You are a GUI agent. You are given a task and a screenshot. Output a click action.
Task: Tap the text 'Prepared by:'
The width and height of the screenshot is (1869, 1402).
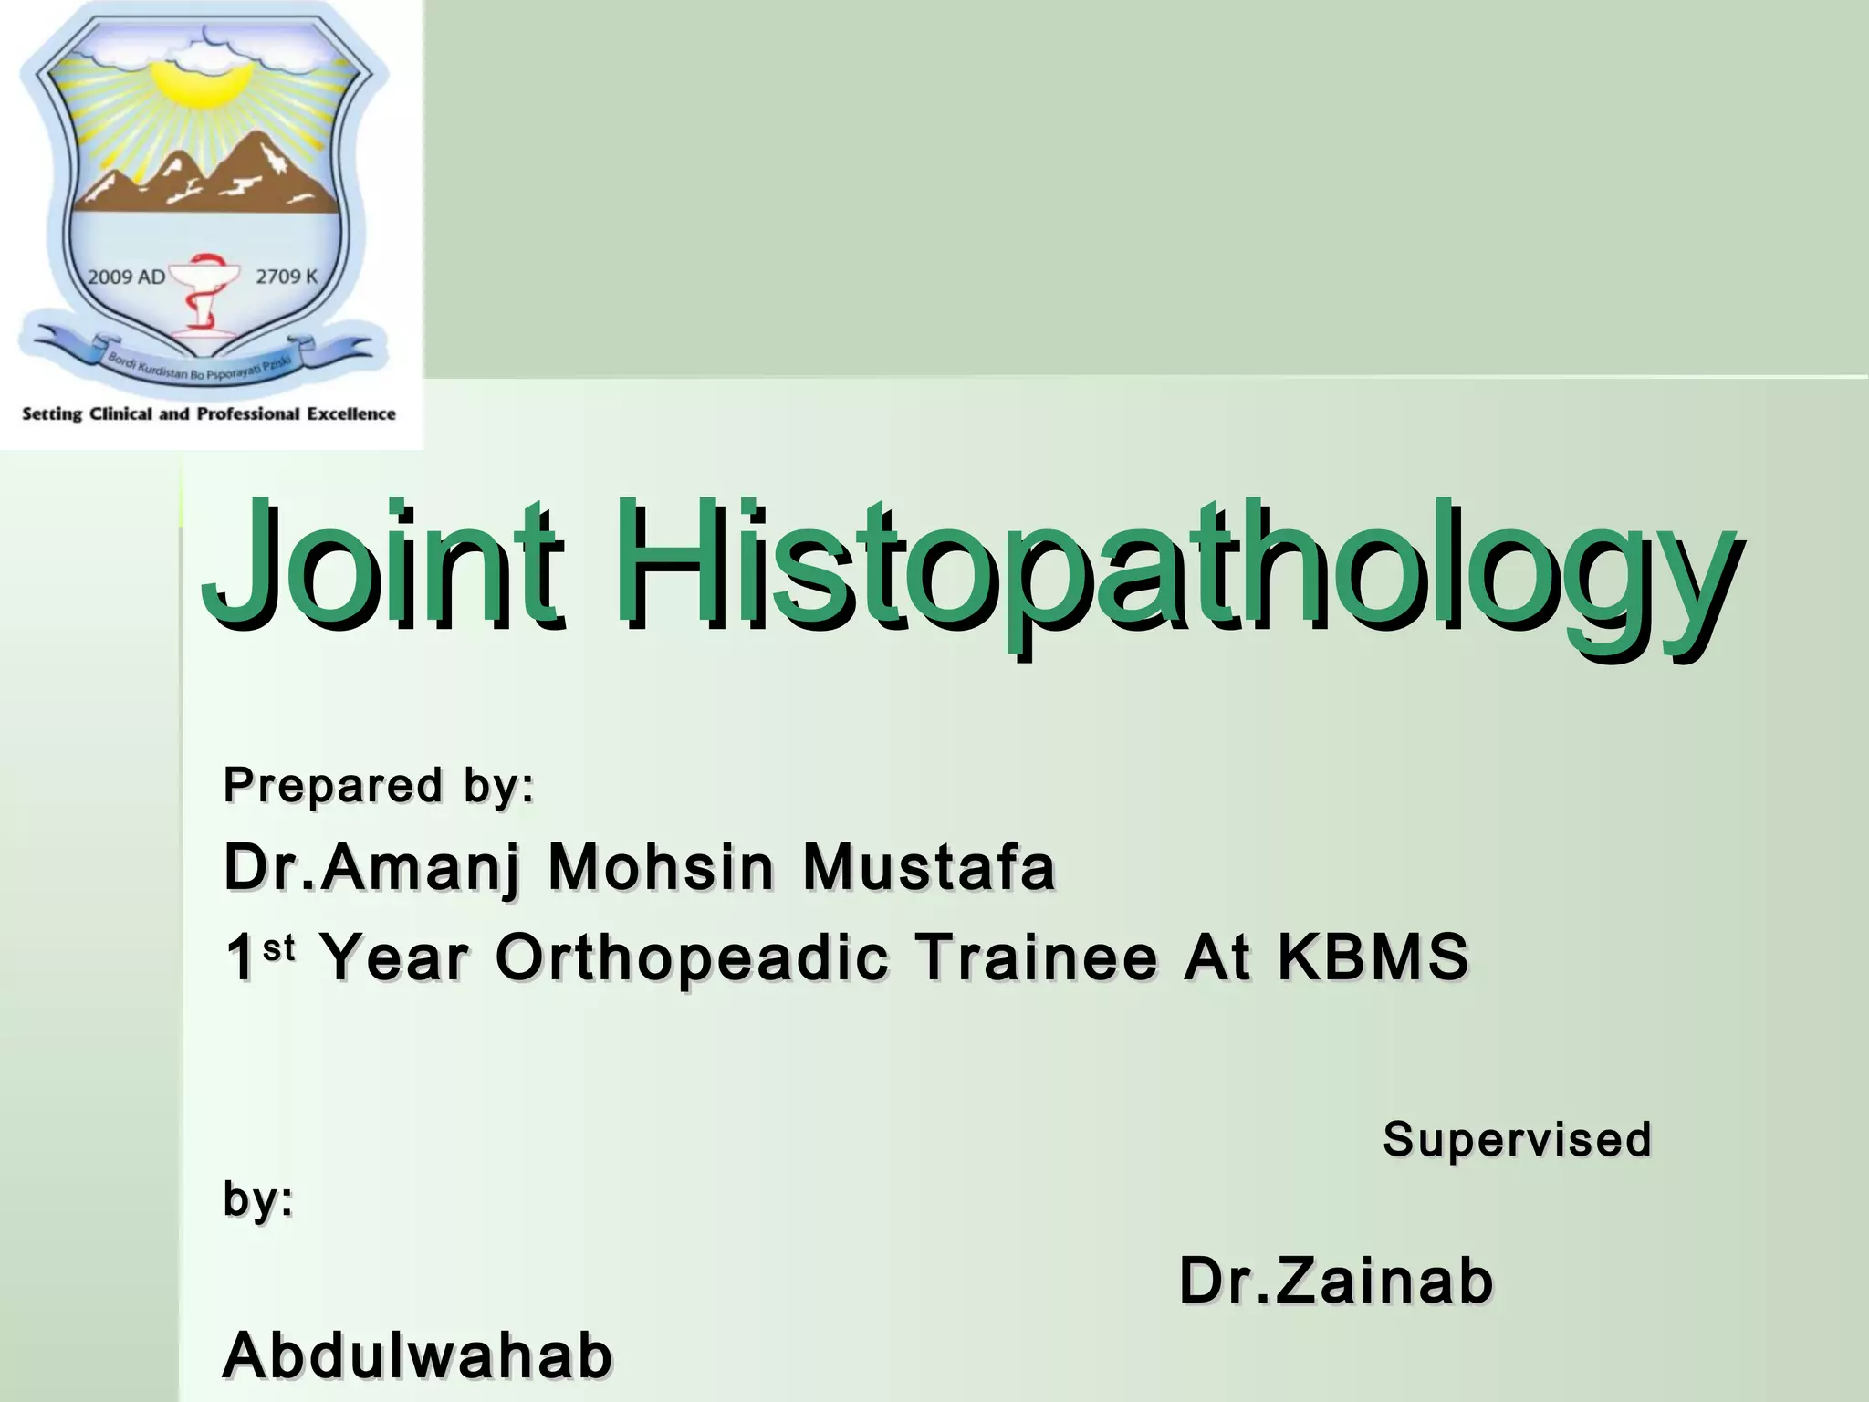click(379, 785)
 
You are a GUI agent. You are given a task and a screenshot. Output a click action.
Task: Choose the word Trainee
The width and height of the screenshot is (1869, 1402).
click(1037, 958)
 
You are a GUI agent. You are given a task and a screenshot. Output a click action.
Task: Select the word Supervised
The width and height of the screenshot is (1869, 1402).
click(1517, 1140)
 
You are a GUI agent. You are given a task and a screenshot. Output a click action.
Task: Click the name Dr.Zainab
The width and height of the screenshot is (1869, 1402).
click(1336, 1282)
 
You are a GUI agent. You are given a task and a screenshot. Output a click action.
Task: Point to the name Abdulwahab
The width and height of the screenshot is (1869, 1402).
click(417, 1355)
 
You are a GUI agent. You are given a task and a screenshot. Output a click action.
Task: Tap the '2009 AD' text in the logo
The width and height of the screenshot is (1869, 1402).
click(126, 277)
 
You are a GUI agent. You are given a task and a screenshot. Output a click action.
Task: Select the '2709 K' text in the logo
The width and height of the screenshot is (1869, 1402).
click(287, 277)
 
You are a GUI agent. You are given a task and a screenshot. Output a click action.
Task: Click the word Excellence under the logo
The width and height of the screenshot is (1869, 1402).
click(350, 414)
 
